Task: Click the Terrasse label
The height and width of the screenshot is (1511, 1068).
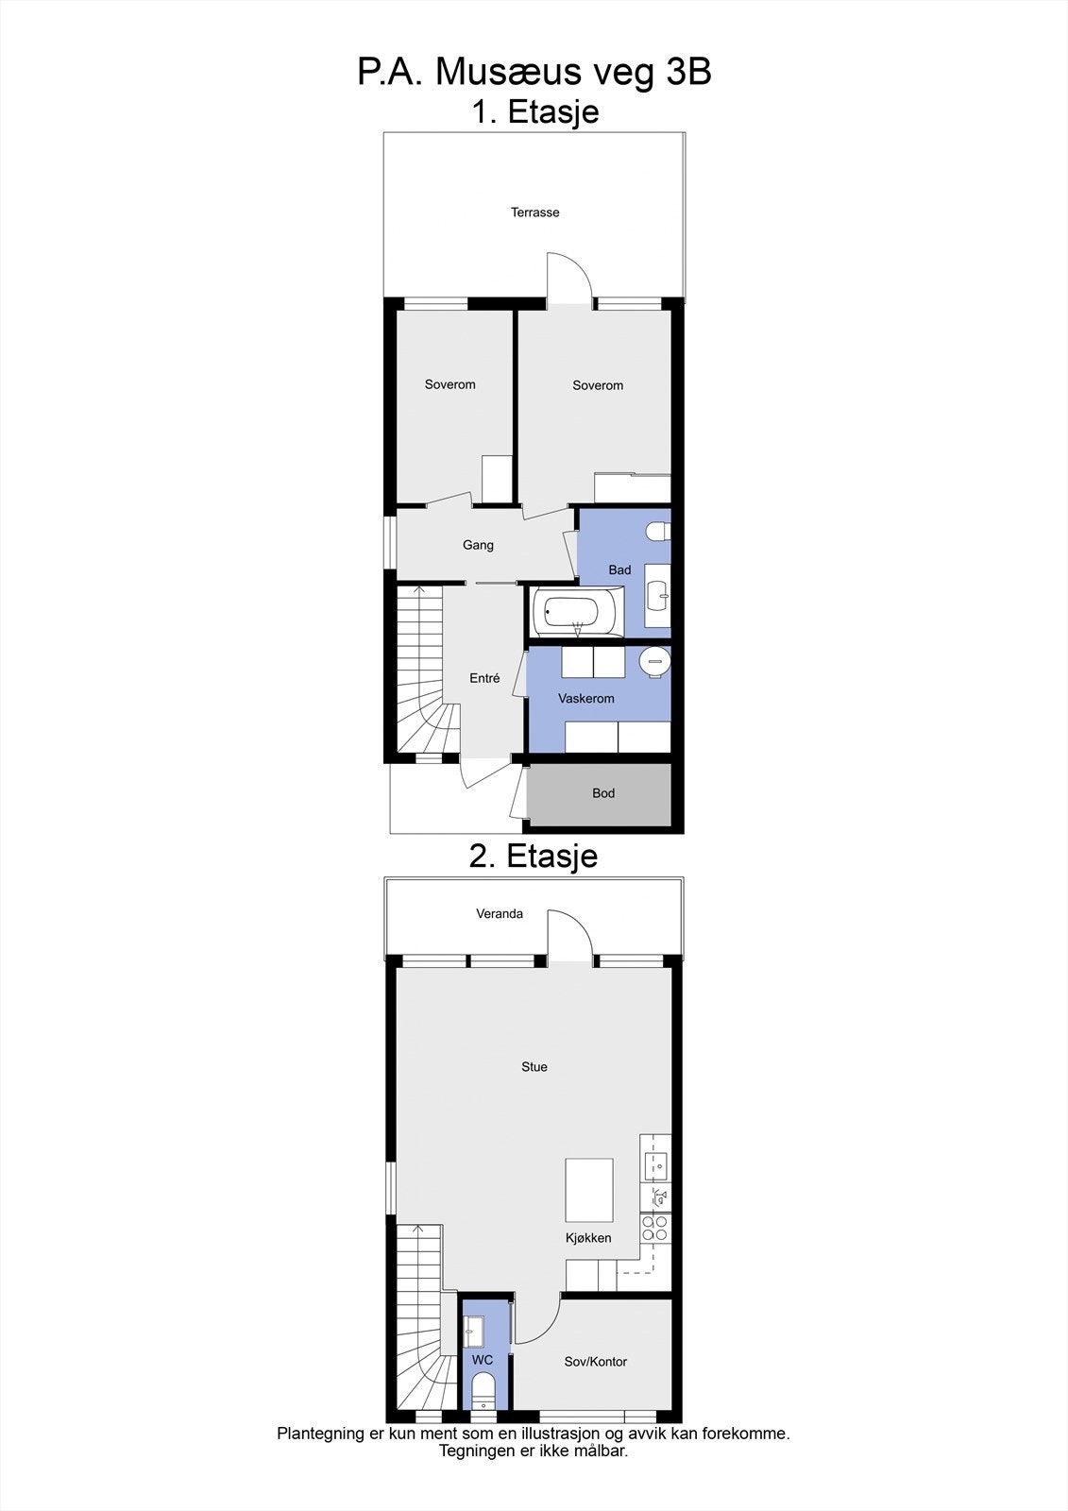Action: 534,212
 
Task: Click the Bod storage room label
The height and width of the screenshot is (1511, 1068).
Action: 603,793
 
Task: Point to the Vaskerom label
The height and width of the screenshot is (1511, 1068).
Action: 585,699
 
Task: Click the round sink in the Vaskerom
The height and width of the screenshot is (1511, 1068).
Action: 654,661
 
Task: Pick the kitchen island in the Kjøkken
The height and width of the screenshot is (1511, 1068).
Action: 589,1190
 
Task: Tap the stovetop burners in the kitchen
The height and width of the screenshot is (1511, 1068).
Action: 654,1228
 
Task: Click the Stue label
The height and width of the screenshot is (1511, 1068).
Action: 534,1067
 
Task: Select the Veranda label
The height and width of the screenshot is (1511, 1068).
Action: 500,914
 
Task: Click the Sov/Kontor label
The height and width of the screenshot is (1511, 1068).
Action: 595,1362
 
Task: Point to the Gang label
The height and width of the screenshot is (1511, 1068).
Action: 478,545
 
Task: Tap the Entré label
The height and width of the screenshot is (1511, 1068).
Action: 484,678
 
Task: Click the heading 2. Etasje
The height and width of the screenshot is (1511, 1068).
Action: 534,856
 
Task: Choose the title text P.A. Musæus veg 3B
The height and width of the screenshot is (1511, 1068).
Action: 534,72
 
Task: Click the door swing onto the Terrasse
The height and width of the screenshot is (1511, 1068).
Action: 568,277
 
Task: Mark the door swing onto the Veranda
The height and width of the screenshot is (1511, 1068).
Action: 568,935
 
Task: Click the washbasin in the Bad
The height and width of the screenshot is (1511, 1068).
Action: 658,596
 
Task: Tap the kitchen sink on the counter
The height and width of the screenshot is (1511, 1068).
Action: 655,1165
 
